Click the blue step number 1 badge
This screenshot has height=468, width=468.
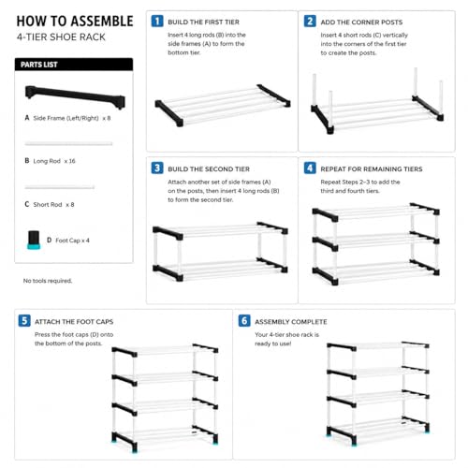[x=157, y=22]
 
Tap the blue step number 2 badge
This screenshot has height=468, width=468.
[x=310, y=22]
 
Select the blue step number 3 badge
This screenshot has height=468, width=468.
[x=157, y=168]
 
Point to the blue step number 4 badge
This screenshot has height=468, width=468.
[x=310, y=168]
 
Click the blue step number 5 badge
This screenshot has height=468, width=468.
[x=24, y=321]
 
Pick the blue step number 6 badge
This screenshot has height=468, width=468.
[x=244, y=321]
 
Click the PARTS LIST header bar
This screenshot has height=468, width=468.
[x=74, y=65]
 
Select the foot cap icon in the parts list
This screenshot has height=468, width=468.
[x=34, y=240]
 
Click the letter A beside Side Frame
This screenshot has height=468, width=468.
[x=27, y=118]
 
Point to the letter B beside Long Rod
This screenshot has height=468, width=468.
[x=27, y=161]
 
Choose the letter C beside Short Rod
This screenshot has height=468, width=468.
[x=27, y=204]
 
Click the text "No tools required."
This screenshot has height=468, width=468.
[x=48, y=281]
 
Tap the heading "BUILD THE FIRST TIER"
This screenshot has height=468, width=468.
[x=203, y=22]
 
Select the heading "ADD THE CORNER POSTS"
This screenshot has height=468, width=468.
[x=361, y=22]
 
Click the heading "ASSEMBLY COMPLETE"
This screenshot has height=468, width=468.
[x=291, y=322]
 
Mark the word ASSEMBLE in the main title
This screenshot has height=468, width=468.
[x=102, y=22]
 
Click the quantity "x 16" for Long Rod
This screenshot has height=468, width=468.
[x=69, y=161]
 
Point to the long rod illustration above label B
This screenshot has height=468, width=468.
[x=68, y=143]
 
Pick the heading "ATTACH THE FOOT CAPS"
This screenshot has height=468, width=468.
[x=74, y=322]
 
